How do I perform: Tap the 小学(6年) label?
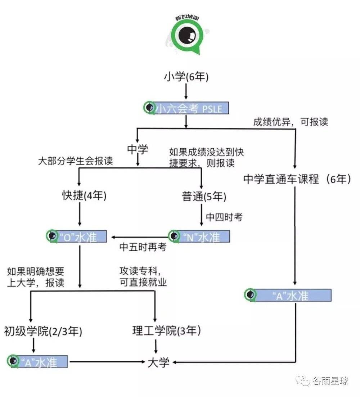(186, 77)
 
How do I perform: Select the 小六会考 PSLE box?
(186, 108)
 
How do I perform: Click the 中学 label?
(137, 149)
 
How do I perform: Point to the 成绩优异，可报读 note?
(291, 122)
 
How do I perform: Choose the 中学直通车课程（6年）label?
(297, 179)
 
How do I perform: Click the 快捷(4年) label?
(84, 197)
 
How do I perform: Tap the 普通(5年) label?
(204, 197)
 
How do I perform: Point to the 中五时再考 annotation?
(143, 247)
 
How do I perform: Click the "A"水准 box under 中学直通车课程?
(288, 295)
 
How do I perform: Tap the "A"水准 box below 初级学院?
(37, 361)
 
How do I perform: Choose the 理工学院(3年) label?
(166, 331)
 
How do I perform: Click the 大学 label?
(158, 362)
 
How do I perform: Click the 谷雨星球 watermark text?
(330, 381)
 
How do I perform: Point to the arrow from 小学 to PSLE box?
(186, 91)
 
